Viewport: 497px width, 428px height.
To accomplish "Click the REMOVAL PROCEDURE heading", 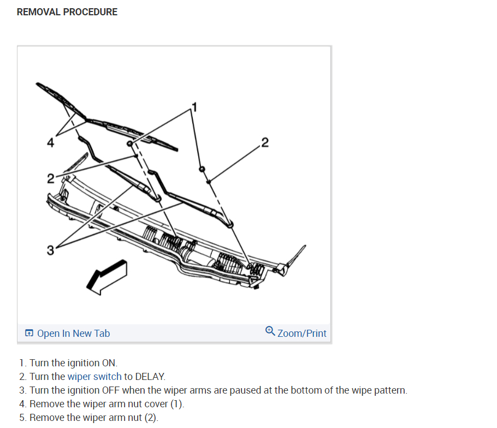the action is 67,12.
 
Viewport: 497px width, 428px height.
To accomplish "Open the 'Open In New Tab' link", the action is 73,333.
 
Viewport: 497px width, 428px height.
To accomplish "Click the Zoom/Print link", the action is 301,333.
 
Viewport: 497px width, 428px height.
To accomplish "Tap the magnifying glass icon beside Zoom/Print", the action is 270,331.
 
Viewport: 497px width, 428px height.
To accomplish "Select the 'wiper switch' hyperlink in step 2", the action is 94,377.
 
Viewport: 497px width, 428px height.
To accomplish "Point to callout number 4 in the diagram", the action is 50,143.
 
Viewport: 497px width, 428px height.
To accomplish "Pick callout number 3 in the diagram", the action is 50,251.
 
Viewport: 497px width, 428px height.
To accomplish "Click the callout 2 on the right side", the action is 265,143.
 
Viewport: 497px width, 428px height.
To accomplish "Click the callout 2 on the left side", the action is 50,179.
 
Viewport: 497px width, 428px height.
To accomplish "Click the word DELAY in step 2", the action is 150,377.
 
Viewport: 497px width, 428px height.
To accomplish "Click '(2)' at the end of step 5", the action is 150,418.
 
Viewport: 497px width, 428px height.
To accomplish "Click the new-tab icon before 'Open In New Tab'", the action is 29,333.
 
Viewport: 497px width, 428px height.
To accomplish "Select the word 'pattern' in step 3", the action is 390,390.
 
